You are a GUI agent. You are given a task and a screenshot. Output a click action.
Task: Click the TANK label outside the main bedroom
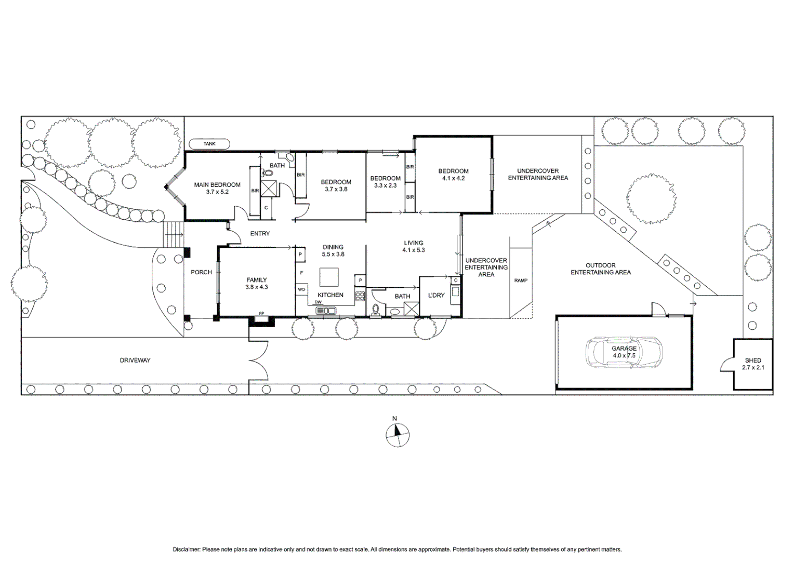coord(209,144)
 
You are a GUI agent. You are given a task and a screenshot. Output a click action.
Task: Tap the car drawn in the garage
coord(624,352)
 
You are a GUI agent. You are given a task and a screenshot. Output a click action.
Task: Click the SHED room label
coord(753,360)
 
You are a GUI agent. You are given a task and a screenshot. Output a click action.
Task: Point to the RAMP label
coord(521,280)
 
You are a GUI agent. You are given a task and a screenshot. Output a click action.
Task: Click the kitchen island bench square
coord(329,277)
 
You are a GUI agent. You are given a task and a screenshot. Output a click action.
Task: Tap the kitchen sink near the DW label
coord(326,311)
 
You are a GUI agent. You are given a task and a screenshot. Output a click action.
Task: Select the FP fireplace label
coord(261,313)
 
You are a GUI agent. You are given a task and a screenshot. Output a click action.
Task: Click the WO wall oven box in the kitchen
coord(302,289)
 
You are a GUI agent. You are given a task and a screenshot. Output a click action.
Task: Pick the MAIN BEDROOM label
coord(217,184)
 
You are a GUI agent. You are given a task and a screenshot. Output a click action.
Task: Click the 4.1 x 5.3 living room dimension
coord(413,250)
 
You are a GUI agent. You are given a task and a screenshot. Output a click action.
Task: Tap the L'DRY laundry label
coord(436,295)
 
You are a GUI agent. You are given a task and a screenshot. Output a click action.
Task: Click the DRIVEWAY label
coord(135,360)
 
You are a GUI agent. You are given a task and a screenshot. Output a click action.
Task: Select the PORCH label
coord(201,272)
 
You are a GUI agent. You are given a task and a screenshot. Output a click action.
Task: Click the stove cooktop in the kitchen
coord(360,296)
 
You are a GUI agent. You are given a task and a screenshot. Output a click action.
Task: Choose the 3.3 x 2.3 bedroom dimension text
coord(385,185)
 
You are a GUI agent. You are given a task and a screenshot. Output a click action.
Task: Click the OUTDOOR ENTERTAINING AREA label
coord(601,269)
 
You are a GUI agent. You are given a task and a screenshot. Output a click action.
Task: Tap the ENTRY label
coord(260,234)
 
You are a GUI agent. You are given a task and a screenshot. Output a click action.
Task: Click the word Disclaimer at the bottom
coord(187,550)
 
